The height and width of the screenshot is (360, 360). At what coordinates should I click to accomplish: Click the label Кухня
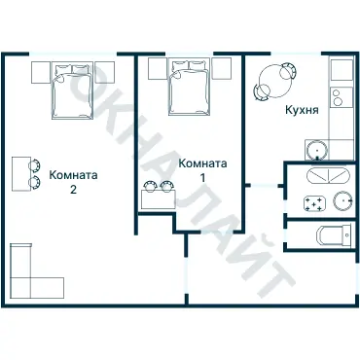(x=302, y=111)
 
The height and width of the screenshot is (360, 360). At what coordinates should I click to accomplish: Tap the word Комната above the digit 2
(x=73, y=176)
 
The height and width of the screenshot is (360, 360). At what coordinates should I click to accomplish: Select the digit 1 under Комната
(x=203, y=179)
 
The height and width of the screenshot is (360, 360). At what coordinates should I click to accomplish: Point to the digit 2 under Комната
(x=73, y=191)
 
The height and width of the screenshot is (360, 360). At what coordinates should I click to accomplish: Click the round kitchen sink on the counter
(x=316, y=149)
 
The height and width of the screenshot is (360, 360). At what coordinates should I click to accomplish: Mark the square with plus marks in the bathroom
(x=314, y=203)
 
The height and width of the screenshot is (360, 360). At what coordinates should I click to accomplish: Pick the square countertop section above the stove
(x=341, y=71)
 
